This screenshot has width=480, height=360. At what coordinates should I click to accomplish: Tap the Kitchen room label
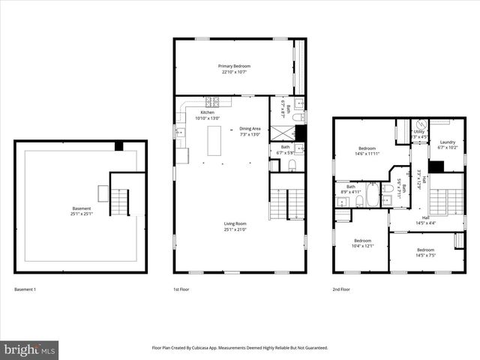(207, 115)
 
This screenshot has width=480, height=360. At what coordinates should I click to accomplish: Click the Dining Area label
(250, 131)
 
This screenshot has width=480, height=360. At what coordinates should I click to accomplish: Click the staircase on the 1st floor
(287, 203)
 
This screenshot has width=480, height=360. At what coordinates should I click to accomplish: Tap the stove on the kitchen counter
(211, 101)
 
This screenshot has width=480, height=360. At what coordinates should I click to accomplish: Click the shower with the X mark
(282, 131)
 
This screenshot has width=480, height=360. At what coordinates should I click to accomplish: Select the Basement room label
(81, 211)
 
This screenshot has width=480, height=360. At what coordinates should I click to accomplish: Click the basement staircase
(120, 200)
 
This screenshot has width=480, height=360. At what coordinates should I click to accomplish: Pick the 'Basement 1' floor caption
(25, 289)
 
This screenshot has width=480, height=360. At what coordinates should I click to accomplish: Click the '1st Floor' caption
(181, 289)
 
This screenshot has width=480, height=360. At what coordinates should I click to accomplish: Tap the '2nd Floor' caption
(341, 289)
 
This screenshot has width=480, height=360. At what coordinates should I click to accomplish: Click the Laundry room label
(448, 145)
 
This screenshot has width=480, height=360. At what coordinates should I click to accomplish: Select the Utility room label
(419, 134)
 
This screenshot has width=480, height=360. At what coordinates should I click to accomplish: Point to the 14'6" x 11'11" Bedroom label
(367, 151)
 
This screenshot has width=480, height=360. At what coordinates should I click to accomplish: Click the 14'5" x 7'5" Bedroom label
(425, 252)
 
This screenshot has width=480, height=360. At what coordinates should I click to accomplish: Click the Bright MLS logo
(30, 349)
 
